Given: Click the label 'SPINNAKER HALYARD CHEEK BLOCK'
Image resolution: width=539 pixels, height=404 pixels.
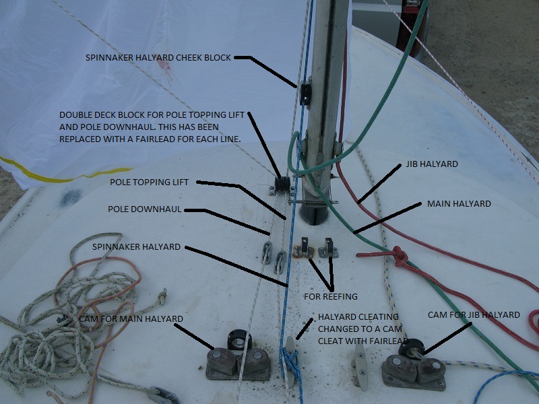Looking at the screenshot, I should point(158,58).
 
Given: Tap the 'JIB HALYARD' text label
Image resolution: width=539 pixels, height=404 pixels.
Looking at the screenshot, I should point(433,164).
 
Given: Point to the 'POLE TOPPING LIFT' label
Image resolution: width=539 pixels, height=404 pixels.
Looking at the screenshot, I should point(149,182).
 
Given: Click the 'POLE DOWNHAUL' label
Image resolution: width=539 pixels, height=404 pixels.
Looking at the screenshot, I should point(144,209).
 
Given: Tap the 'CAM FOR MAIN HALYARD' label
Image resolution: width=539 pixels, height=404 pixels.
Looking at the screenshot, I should point(131,318).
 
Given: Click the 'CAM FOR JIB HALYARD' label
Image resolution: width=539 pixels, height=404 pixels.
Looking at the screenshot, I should point(474,314).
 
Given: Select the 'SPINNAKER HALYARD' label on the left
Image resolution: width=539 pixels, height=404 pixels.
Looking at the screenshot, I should point(136,247).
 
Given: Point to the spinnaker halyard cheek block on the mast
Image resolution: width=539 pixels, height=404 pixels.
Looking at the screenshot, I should point(305,92).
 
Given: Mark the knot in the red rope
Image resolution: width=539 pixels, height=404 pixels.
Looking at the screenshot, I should point(397,255).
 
